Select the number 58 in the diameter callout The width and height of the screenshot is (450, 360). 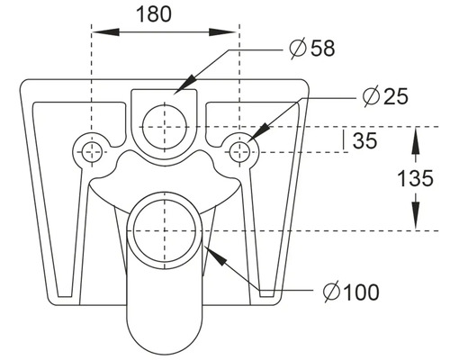(x=321, y=49)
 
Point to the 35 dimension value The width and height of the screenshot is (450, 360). (x=365, y=140)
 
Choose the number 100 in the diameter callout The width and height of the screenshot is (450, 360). (x=361, y=292)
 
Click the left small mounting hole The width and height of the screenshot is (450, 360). (x=90, y=151)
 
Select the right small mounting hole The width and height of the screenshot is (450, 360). (x=239, y=150)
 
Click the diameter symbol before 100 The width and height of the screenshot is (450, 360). (x=330, y=292)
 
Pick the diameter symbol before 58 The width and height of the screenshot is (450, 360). (x=297, y=49)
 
